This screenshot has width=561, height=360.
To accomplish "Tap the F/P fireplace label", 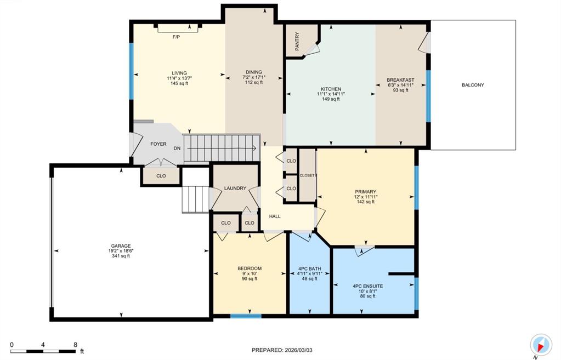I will [176, 37].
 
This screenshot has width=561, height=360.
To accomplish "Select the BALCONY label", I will [473, 85].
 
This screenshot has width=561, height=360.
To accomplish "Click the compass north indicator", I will [541, 345].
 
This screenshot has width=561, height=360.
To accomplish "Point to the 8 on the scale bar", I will [75, 345].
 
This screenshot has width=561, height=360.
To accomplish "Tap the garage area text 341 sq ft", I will [121, 256].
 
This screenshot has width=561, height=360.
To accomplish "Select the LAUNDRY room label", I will [235, 188].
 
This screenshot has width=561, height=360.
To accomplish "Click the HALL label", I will [275, 216].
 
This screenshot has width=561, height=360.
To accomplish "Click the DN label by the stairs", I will [177, 148].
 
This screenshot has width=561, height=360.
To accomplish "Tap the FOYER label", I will [158, 144].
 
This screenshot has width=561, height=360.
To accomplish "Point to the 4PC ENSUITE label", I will [367, 286].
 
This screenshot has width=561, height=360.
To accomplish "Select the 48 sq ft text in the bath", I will [310, 279].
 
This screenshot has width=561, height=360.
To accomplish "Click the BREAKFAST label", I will [400, 80].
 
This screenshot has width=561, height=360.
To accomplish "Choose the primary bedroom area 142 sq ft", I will [365, 202].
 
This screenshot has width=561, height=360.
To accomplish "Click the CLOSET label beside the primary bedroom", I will [307, 175].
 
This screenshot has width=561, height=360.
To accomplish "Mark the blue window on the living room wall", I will [132, 71].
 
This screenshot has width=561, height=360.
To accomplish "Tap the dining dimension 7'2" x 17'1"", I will [254, 77].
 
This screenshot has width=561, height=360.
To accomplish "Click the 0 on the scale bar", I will [12, 345].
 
